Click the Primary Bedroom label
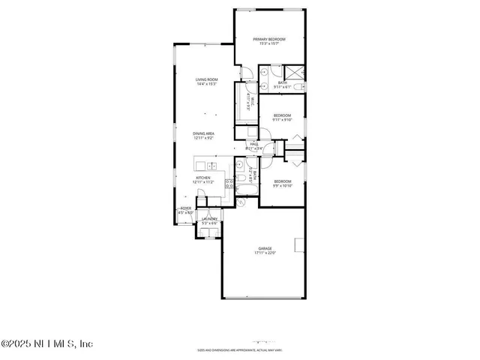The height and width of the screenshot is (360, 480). [270, 41]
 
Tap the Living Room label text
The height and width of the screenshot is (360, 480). [206, 80]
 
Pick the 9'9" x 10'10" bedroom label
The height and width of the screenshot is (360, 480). [282, 183]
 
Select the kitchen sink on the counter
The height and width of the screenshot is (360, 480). [212, 165]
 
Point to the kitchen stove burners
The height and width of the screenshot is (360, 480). [229, 184]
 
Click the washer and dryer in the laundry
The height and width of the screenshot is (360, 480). [208, 232]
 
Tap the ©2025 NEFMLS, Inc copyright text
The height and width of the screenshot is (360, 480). [46, 343]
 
